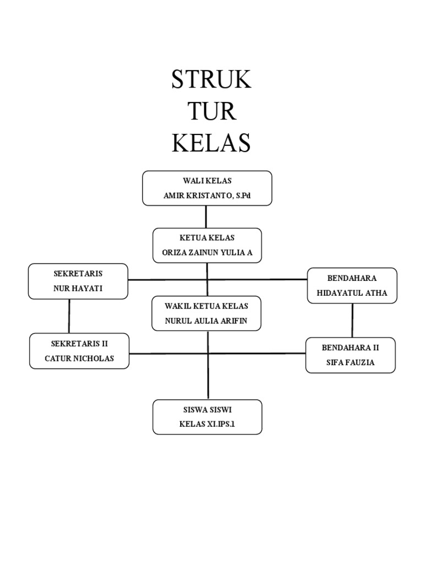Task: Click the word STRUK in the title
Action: (211, 79)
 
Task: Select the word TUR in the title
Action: (211, 111)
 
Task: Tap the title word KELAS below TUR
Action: (211, 143)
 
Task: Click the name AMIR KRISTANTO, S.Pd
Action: (207, 196)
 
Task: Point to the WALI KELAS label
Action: (207, 181)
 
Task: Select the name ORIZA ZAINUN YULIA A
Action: (207, 252)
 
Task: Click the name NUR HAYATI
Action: (78, 289)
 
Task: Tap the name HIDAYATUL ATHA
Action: (352, 293)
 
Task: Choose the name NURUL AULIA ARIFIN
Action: (207, 321)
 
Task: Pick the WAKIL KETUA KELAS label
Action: (207, 306)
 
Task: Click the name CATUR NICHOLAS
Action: (79, 359)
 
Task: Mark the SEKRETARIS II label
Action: (79, 344)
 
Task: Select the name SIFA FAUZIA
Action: (351, 362)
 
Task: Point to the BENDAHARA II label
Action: (351, 348)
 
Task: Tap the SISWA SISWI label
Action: (208, 410)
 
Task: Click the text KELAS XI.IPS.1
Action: (207, 424)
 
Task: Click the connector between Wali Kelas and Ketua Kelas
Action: (206, 217)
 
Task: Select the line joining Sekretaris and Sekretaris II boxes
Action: (69, 316)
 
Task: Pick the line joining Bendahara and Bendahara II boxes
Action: (352, 321)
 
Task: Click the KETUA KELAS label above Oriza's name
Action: (207, 238)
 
